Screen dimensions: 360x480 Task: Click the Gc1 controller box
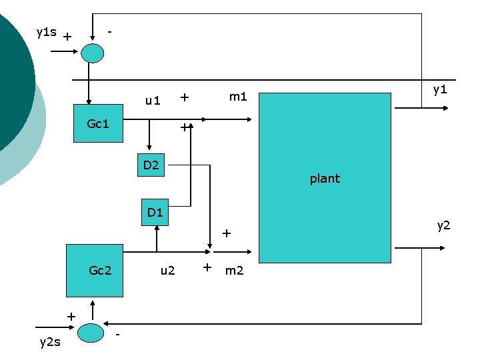coord(97,124)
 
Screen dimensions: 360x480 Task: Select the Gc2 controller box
coord(94,270)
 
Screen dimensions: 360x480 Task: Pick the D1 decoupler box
coord(155,213)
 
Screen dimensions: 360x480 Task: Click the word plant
coord(325,179)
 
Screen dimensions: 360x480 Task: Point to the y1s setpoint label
coord(46,32)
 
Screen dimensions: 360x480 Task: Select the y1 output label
coord(439,89)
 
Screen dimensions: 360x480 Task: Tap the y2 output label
coord(443,225)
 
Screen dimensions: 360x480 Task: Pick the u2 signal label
coord(167,270)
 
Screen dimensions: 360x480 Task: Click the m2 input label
coord(234,270)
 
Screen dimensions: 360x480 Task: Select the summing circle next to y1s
coord(92,53)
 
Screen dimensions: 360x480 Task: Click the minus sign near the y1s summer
coord(111,31)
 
